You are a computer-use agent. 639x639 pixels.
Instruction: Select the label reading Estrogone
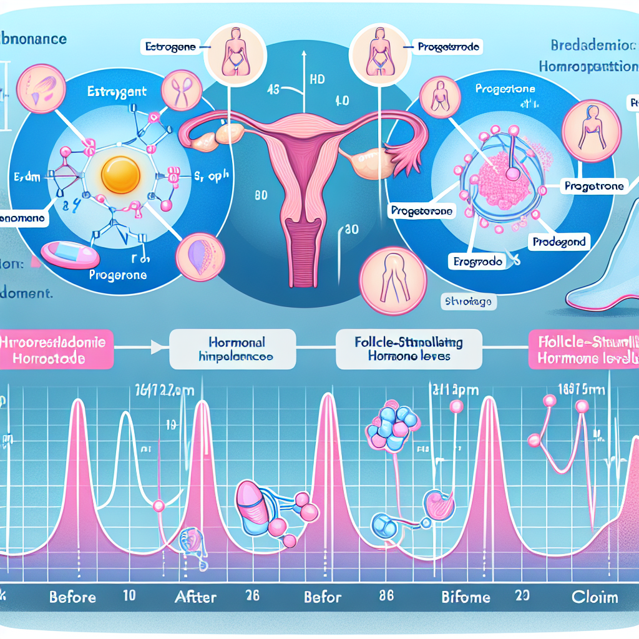tap(169, 46)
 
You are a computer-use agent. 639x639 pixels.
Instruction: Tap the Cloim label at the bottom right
tap(595, 597)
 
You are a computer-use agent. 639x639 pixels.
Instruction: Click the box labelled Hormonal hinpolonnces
tap(241, 350)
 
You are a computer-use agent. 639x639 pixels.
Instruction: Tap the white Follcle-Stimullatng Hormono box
tap(409, 349)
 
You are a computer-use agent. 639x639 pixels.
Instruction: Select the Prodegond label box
tap(560, 241)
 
